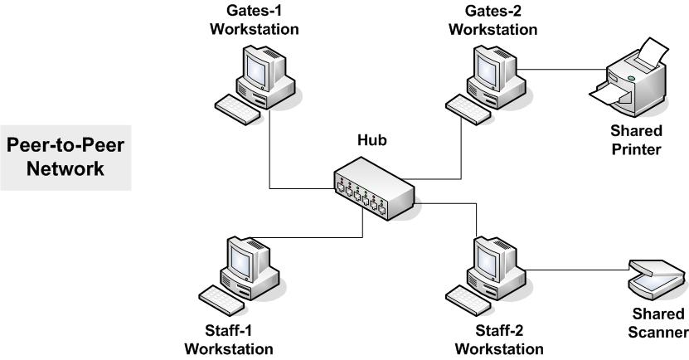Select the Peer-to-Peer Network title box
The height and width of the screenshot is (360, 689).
66,157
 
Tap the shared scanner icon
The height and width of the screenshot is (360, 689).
654,278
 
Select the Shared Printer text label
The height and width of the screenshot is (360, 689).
636,140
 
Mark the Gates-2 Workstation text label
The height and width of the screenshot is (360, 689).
492,21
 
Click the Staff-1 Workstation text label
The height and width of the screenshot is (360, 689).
228,339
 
